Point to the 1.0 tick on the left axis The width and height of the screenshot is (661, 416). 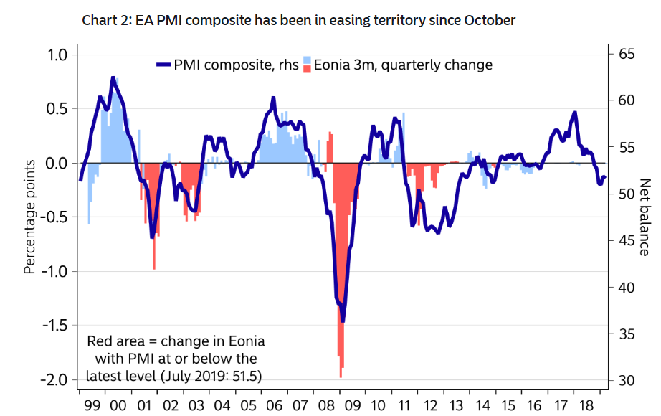57,55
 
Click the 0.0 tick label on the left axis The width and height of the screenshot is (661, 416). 57,164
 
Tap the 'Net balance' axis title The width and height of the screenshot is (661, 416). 645,217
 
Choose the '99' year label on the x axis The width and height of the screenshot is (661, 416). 92,405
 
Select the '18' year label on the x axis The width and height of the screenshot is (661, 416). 586,405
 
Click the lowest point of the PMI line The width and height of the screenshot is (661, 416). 343,320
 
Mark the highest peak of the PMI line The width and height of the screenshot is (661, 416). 113,77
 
